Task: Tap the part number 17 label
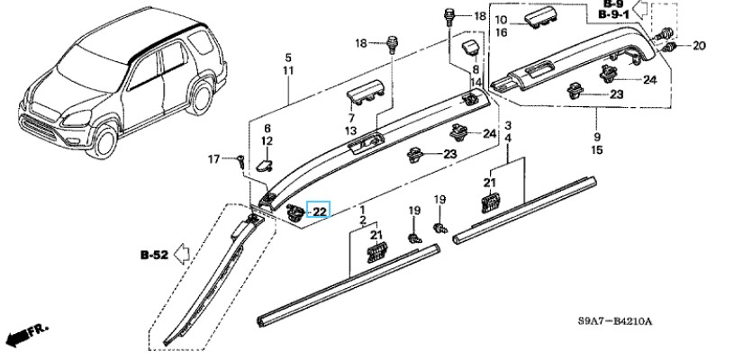tap(213, 159)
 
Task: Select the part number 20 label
tap(700, 46)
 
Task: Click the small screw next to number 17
tap(241, 160)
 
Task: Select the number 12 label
tap(267, 142)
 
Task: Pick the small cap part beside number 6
tap(261, 165)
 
